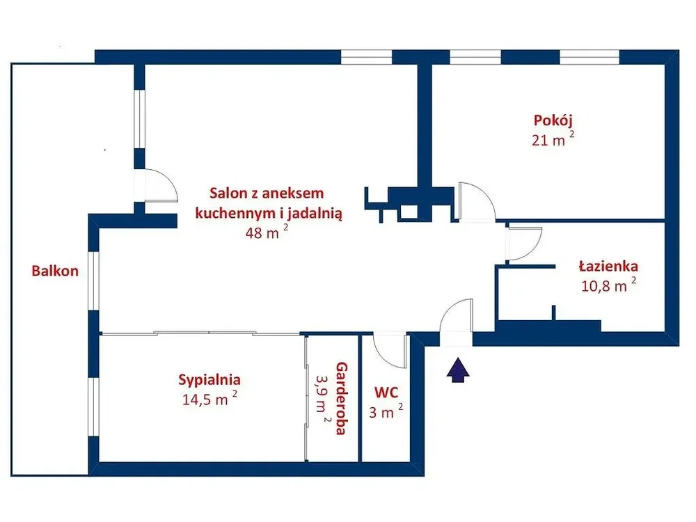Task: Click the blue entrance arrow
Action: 458,370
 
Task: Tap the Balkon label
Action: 55,271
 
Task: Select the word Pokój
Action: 553,120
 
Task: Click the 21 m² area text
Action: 553,139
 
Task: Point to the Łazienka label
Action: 608,267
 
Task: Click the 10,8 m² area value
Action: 608,285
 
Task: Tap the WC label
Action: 386,393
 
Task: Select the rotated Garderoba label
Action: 341,398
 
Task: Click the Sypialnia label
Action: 209,380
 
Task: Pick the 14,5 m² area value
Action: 209,399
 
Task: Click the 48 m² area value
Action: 267,232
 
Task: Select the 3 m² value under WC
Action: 386,411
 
